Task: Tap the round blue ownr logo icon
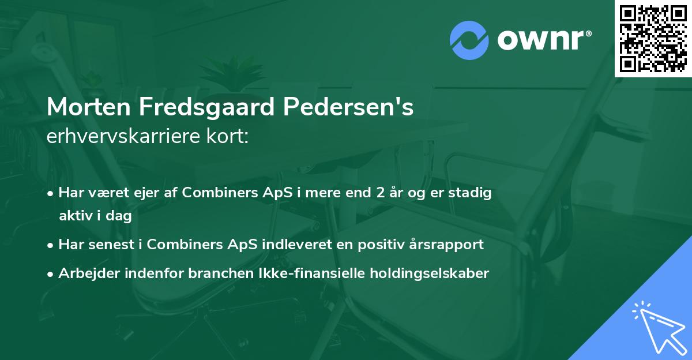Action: click(x=469, y=40)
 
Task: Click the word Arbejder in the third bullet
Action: click(x=85, y=273)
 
